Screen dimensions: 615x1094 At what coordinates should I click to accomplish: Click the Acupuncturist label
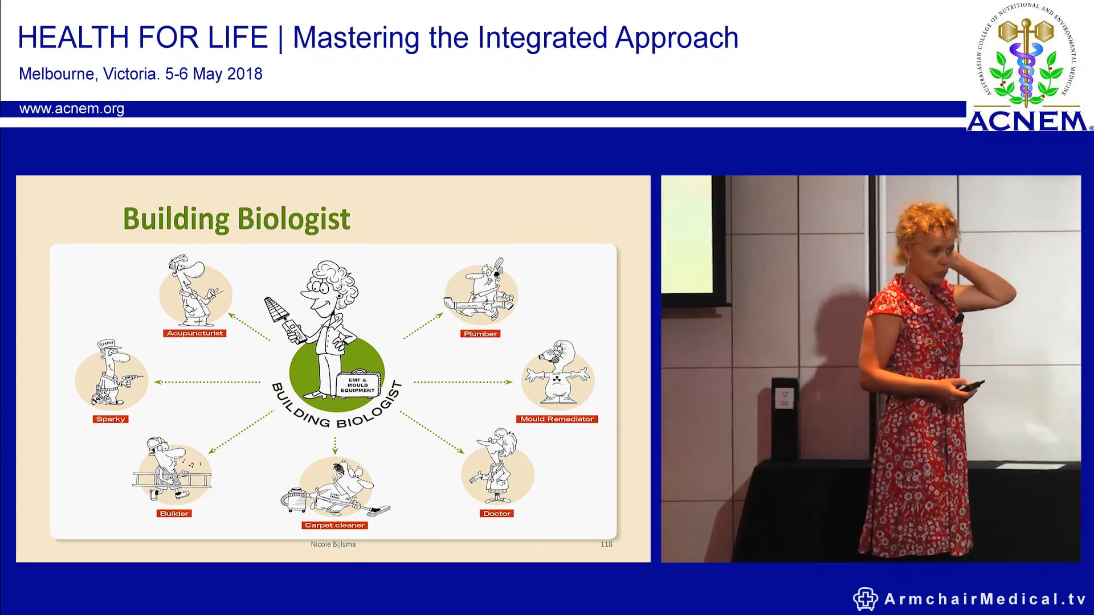click(x=195, y=333)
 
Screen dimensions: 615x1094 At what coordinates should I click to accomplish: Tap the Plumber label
click(x=480, y=334)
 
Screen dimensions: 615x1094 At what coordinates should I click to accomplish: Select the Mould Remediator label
click(x=557, y=419)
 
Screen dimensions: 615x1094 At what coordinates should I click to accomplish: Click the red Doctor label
click(x=497, y=514)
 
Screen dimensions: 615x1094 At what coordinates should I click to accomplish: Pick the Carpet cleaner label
click(x=334, y=526)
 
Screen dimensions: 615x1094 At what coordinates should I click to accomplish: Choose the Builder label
click(x=174, y=514)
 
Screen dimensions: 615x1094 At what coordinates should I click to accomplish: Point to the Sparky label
click(x=111, y=419)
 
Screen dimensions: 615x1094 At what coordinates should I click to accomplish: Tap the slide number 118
click(x=606, y=544)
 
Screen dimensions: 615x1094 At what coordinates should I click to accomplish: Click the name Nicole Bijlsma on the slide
click(x=333, y=544)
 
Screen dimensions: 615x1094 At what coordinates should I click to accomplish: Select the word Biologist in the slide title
click(x=293, y=219)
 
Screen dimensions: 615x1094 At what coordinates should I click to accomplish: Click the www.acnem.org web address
click(x=72, y=109)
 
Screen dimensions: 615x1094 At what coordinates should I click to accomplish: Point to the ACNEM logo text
click(x=1027, y=121)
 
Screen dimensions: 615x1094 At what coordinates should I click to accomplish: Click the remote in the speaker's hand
click(x=972, y=386)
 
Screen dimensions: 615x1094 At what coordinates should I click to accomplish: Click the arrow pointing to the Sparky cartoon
click(x=208, y=382)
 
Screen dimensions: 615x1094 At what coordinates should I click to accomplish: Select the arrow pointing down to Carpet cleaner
click(x=335, y=445)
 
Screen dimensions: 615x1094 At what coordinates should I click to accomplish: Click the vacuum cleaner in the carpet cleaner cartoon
click(x=296, y=500)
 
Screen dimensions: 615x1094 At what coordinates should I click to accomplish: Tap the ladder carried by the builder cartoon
click(x=171, y=478)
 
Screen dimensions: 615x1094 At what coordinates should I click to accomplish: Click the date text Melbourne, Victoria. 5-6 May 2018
click(x=141, y=74)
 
